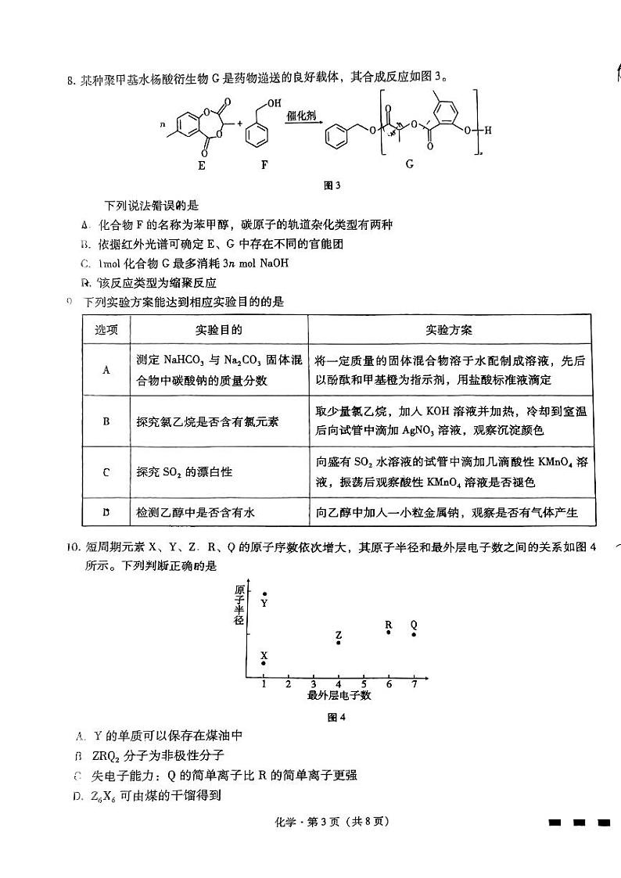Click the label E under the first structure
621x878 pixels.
tap(201, 166)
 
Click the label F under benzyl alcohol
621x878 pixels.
tap(263, 166)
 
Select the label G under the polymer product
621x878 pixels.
tap(409, 164)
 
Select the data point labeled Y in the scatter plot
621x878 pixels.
tap(264, 594)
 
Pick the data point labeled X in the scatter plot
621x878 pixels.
tap(264, 663)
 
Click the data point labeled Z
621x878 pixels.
tap(338, 642)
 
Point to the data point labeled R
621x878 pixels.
tap(389, 632)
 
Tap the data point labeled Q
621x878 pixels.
tap(414, 634)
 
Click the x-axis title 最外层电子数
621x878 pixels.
tap(339, 695)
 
